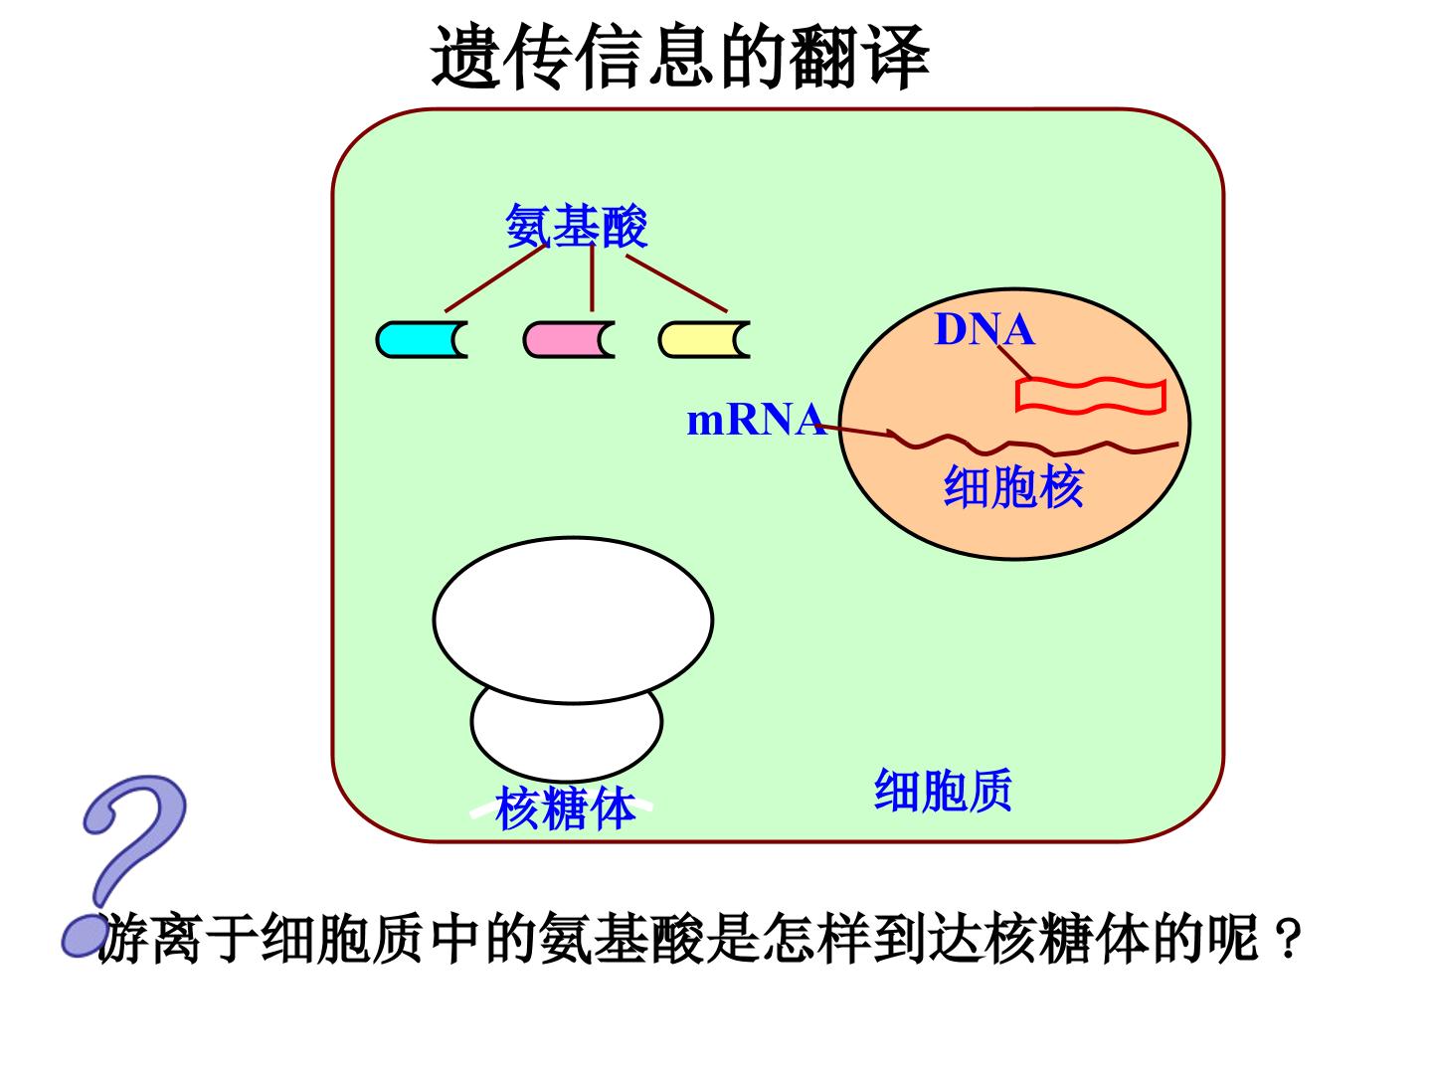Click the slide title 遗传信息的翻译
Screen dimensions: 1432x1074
pyautogui.click(x=680, y=57)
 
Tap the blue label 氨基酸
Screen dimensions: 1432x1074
pyautogui.click(x=577, y=226)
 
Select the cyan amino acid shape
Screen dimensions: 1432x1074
pyautogui.click(x=422, y=339)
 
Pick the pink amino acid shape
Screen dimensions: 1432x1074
pyautogui.click(x=569, y=339)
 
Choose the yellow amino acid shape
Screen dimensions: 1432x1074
pyautogui.click(x=704, y=339)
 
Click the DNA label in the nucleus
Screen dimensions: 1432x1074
pyautogui.click(x=984, y=329)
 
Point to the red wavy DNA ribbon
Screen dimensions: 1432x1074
pyautogui.click(x=1091, y=396)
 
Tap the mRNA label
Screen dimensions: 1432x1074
pyautogui.click(x=756, y=420)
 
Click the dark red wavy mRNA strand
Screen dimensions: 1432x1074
pyautogui.click(x=1034, y=444)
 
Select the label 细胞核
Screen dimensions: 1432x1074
pyautogui.click(x=1013, y=486)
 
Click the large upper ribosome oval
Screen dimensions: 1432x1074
pyautogui.click(x=573, y=620)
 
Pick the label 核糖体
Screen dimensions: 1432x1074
pyautogui.click(x=565, y=807)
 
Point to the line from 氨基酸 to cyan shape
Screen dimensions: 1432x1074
pyautogui.click(x=495, y=278)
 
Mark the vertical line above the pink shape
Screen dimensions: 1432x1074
pyautogui.click(x=592, y=278)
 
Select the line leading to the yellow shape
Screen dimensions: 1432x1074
pyautogui.click(x=676, y=283)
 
